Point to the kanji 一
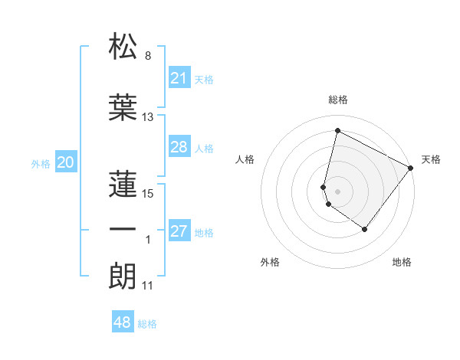coord(123,229)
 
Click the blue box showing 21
coord(179,77)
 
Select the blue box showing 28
coord(179,147)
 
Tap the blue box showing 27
coord(179,231)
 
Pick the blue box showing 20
coord(66,162)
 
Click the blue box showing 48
coord(122,322)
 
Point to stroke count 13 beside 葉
coord(148,117)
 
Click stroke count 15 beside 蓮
coord(148,194)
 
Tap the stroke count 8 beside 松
coord(148,56)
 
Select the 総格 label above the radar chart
coord(338,100)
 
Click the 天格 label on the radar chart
coord(431,159)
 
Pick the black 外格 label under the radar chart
coord(270,262)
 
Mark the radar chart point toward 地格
coord(365,229)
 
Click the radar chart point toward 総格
coord(337,131)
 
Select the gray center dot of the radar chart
coord(337,191)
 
